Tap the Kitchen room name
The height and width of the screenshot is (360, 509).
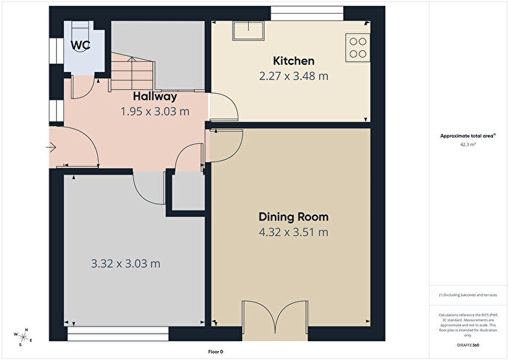[293, 61]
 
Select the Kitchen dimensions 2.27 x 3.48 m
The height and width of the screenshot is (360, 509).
[293, 76]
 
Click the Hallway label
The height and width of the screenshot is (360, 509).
[155, 97]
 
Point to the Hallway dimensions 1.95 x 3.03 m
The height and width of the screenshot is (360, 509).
[155, 111]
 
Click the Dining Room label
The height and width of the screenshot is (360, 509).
[293, 217]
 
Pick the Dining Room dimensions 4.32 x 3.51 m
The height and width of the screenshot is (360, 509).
[293, 232]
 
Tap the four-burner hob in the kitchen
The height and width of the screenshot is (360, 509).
[358, 47]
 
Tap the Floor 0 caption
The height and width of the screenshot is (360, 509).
[215, 351]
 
